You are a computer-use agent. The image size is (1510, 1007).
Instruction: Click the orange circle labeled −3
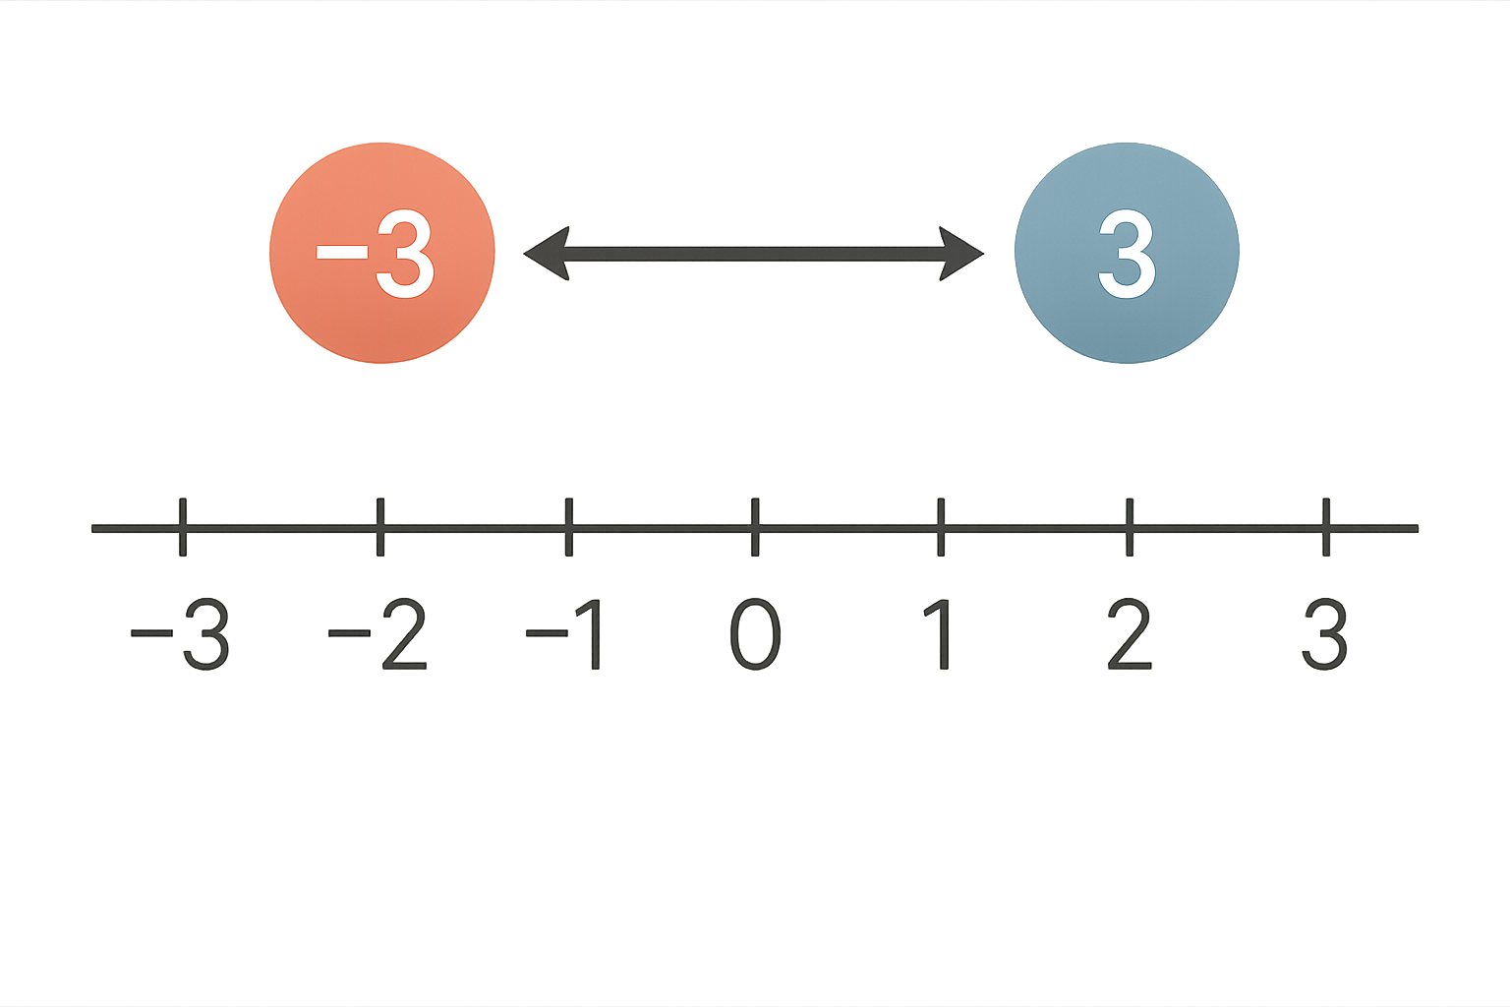382,253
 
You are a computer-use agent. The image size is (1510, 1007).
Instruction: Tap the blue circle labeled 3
1128,253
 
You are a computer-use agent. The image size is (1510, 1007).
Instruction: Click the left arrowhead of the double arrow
546,254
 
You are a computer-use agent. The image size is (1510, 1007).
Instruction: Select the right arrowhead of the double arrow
962,254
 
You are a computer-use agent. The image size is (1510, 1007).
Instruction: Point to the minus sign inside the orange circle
342,253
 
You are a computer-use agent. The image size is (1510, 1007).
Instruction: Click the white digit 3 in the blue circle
1128,254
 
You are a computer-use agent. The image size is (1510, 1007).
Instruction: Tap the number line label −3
180,634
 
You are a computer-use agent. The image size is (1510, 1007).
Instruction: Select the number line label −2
377,634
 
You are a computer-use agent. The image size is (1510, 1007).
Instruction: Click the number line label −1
563,634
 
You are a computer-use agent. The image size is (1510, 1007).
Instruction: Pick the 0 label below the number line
755,634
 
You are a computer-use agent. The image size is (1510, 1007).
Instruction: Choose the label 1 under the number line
939,634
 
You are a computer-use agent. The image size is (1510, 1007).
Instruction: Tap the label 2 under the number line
1130,634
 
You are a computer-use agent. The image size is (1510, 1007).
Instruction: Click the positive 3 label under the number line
1324,634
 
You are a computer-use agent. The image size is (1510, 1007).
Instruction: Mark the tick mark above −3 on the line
183,527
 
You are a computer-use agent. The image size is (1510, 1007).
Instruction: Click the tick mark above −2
380,527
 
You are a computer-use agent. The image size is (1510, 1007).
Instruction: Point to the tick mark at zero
755,527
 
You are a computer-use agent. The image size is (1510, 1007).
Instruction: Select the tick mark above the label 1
941,527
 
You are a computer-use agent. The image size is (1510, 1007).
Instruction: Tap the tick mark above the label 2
1130,527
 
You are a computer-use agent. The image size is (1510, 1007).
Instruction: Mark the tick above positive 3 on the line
1326,527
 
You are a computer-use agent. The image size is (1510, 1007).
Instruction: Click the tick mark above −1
569,527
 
